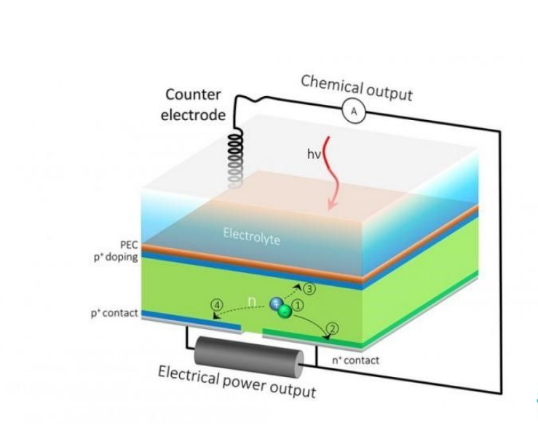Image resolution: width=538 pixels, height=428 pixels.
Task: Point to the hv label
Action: pos(314,154)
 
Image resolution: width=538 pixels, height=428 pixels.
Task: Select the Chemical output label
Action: pos(357,87)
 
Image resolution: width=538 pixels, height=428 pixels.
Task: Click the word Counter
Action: pos(193,95)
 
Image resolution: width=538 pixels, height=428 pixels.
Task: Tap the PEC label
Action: pos(128,245)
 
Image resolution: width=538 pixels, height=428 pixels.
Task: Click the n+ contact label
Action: pos(351,360)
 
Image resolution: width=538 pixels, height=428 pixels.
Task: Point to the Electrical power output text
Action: pos(237,381)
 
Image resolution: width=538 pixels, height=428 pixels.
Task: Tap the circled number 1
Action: pos(298,306)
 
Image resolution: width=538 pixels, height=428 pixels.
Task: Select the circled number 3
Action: pos(309,289)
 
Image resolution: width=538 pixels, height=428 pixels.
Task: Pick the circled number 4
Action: pos(216,304)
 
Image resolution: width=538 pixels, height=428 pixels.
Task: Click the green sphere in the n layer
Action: pos(285,312)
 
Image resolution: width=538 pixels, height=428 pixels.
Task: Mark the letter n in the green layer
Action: pos(253,300)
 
